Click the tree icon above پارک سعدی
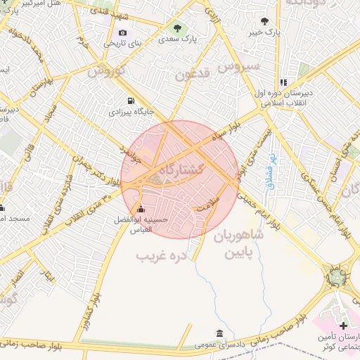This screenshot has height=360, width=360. click(x=176, y=28)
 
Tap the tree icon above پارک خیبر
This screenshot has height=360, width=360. click(x=264, y=22)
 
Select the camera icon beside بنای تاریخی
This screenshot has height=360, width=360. click(x=123, y=32)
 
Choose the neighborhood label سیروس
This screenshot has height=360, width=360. click(x=239, y=67)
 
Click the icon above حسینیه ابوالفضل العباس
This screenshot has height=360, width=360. click(x=141, y=209)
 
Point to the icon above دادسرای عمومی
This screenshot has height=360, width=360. click(x=220, y=333)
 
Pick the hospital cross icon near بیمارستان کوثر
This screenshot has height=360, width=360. click(x=342, y=326)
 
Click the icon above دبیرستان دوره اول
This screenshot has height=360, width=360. click(x=283, y=82)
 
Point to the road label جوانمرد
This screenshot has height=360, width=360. click(x=131, y=150)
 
